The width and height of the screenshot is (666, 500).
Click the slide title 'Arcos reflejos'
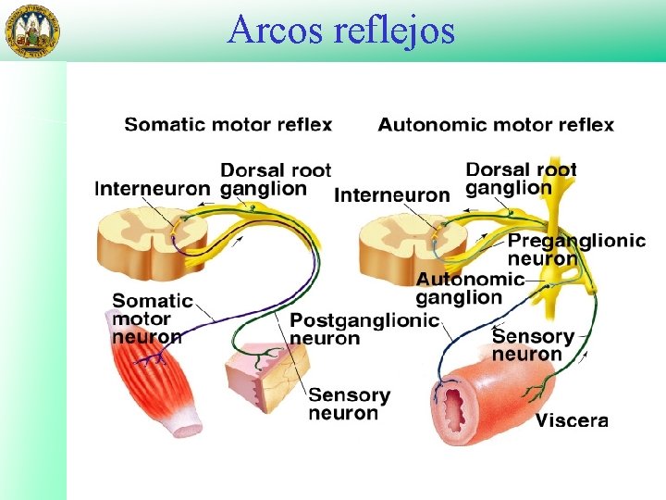[341, 30]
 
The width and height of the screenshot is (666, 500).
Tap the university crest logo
[32, 31]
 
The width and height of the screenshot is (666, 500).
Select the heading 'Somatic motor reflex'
[228, 124]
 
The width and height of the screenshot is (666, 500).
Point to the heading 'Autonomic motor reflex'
[496, 124]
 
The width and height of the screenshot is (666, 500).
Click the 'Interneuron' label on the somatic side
[152, 188]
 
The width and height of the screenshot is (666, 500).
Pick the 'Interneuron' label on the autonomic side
[391, 195]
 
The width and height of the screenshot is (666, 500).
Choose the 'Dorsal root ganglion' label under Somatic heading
[275, 179]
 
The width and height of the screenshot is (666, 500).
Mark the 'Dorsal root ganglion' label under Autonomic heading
[521, 178]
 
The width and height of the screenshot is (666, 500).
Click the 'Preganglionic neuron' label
[575, 249]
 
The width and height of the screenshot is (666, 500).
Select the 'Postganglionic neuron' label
[364, 329]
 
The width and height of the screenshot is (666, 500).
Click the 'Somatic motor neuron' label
[152, 318]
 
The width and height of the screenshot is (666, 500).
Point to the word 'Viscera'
[572, 420]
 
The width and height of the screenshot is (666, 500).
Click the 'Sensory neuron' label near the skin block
[349, 404]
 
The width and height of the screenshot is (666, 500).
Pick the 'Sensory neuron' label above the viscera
[533, 344]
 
